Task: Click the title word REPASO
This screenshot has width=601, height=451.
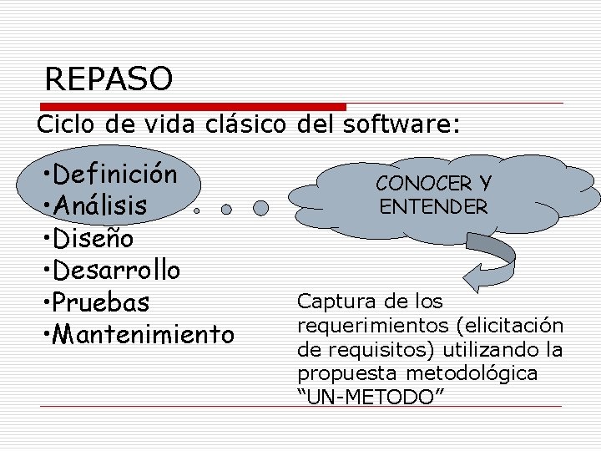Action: coord(109,79)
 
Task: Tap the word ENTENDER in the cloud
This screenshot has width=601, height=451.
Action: coord(433,206)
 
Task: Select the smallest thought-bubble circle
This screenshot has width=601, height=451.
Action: coord(197,211)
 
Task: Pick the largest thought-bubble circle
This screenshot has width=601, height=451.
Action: coord(261,207)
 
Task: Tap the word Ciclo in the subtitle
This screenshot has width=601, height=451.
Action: coord(62,125)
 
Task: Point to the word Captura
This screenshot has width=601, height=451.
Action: coord(329,301)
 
